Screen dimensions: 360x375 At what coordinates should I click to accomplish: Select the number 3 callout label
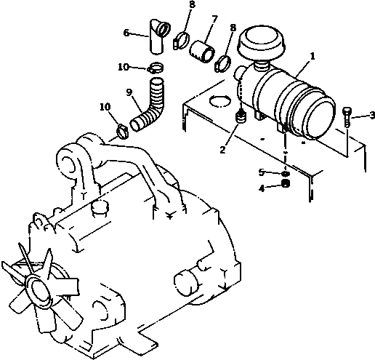[x=371, y=115]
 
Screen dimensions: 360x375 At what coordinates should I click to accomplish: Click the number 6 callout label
[x=126, y=33]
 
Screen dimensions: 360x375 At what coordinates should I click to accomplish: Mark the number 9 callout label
[x=129, y=92]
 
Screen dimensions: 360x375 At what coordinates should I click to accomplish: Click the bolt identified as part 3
[x=347, y=115]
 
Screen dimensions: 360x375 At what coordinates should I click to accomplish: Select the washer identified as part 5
[x=286, y=173]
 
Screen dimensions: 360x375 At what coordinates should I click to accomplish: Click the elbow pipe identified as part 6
[x=155, y=39]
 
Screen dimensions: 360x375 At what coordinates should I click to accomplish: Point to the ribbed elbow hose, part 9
[x=150, y=105]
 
